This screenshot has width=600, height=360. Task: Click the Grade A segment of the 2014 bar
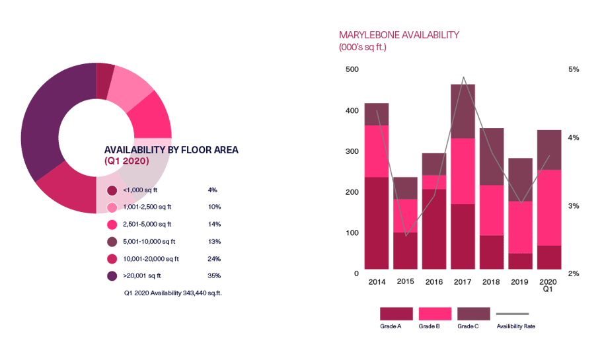click(377, 224)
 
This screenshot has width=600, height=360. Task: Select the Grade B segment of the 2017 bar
click(463, 171)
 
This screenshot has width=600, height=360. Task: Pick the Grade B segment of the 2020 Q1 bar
click(549, 207)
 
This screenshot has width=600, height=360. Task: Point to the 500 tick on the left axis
click(352, 69)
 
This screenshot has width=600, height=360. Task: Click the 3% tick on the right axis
click(574, 206)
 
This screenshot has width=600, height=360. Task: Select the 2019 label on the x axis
click(521, 282)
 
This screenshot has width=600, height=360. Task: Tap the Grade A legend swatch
click(396, 314)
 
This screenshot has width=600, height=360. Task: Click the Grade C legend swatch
click(474, 314)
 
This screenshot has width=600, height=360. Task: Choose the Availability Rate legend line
click(513, 314)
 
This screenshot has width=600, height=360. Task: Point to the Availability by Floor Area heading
click(171, 150)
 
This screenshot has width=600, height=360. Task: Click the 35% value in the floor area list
click(214, 275)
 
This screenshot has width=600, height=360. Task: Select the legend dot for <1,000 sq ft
click(112, 190)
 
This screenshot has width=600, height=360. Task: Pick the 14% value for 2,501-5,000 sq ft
click(214, 225)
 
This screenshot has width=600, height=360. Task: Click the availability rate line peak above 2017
click(464, 77)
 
